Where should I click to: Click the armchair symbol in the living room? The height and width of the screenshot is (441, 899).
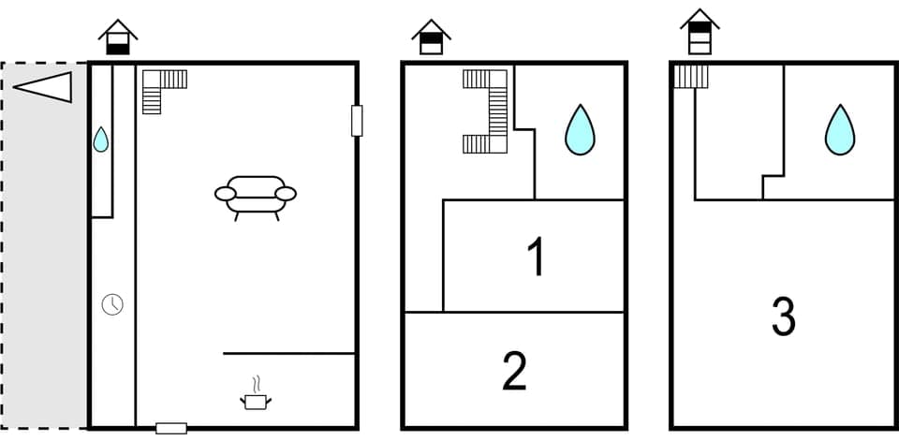[255, 195]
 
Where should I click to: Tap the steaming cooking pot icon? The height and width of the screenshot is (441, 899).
[255, 397]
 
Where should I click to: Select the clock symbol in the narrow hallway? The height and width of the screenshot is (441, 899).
[112, 304]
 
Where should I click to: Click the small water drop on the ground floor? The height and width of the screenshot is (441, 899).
[101, 140]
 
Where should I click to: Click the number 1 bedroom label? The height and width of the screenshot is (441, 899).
[535, 257]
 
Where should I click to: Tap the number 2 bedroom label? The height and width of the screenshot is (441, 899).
[514, 371]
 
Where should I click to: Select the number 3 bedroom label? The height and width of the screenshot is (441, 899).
[783, 318]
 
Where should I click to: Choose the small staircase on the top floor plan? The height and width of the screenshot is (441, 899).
[691, 76]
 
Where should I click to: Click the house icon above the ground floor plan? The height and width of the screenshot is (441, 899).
[118, 38]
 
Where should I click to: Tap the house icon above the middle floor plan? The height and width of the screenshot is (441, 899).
[431, 38]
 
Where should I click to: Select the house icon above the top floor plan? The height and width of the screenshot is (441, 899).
[700, 33]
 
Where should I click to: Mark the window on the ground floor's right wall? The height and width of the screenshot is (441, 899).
[357, 121]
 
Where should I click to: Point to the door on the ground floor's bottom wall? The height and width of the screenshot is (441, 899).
[171, 428]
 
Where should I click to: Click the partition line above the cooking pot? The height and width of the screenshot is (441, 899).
[288, 353]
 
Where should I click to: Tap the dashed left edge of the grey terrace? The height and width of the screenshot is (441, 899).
[2, 243]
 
